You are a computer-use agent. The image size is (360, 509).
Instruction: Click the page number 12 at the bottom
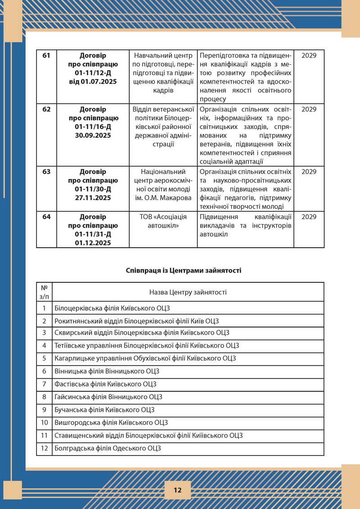pyautogui.click(x=177, y=490)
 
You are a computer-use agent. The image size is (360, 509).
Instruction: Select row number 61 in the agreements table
pyautogui.click(x=46, y=55)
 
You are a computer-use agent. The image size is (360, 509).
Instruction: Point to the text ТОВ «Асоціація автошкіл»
pyautogui.click(x=163, y=220)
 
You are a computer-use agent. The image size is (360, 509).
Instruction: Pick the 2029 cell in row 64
pyautogui.click(x=309, y=217)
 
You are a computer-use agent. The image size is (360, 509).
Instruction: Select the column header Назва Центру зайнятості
pyautogui.click(x=188, y=292)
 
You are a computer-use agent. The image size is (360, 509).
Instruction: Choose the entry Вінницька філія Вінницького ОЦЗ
pyautogui.click(x=106, y=371)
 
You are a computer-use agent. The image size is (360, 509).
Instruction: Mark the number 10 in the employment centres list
pyautogui.click(x=45, y=422)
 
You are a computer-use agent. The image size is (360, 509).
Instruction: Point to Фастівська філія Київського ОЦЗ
pyautogui.click(x=105, y=384)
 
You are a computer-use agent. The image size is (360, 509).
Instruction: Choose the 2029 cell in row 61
pyautogui.click(x=309, y=55)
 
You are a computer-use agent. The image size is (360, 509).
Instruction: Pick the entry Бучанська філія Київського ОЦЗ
pyautogui.click(x=104, y=410)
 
